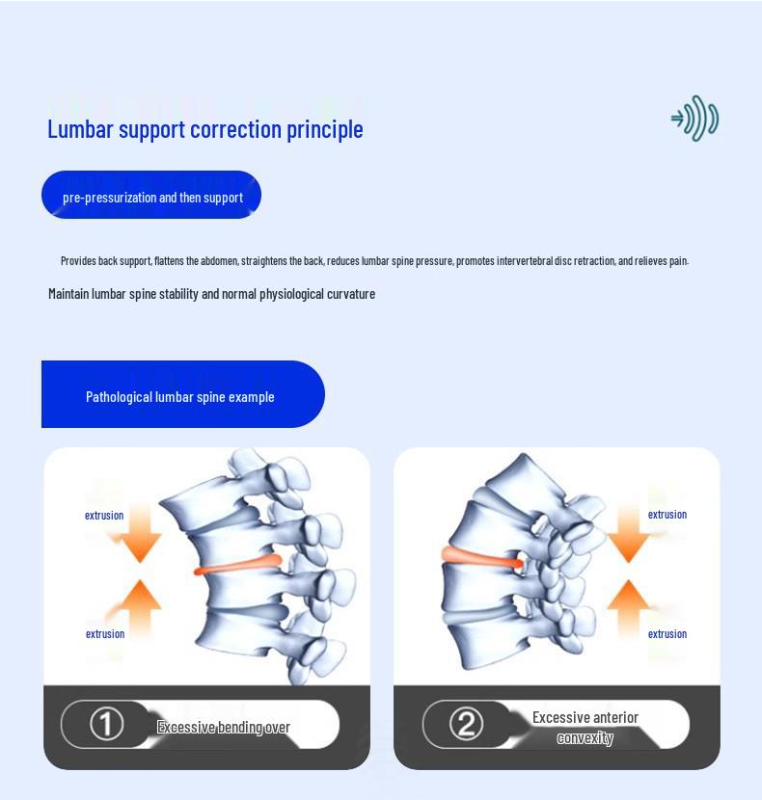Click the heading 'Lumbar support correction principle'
(204, 129)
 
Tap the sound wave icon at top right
(695, 119)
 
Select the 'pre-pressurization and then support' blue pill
(151, 197)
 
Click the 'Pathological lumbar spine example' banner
(181, 396)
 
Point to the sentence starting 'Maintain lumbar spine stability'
(211, 293)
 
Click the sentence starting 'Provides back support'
(374, 260)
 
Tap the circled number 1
(106, 724)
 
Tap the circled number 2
(466, 724)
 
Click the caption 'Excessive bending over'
(224, 727)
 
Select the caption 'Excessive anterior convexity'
(585, 728)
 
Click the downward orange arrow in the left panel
(141, 536)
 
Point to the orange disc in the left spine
(238, 566)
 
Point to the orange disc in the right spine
(479, 557)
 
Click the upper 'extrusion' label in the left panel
(104, 516)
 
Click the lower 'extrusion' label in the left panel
(105, 634)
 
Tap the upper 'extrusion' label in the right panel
(667, 515)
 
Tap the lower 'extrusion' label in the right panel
(667, 634)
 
